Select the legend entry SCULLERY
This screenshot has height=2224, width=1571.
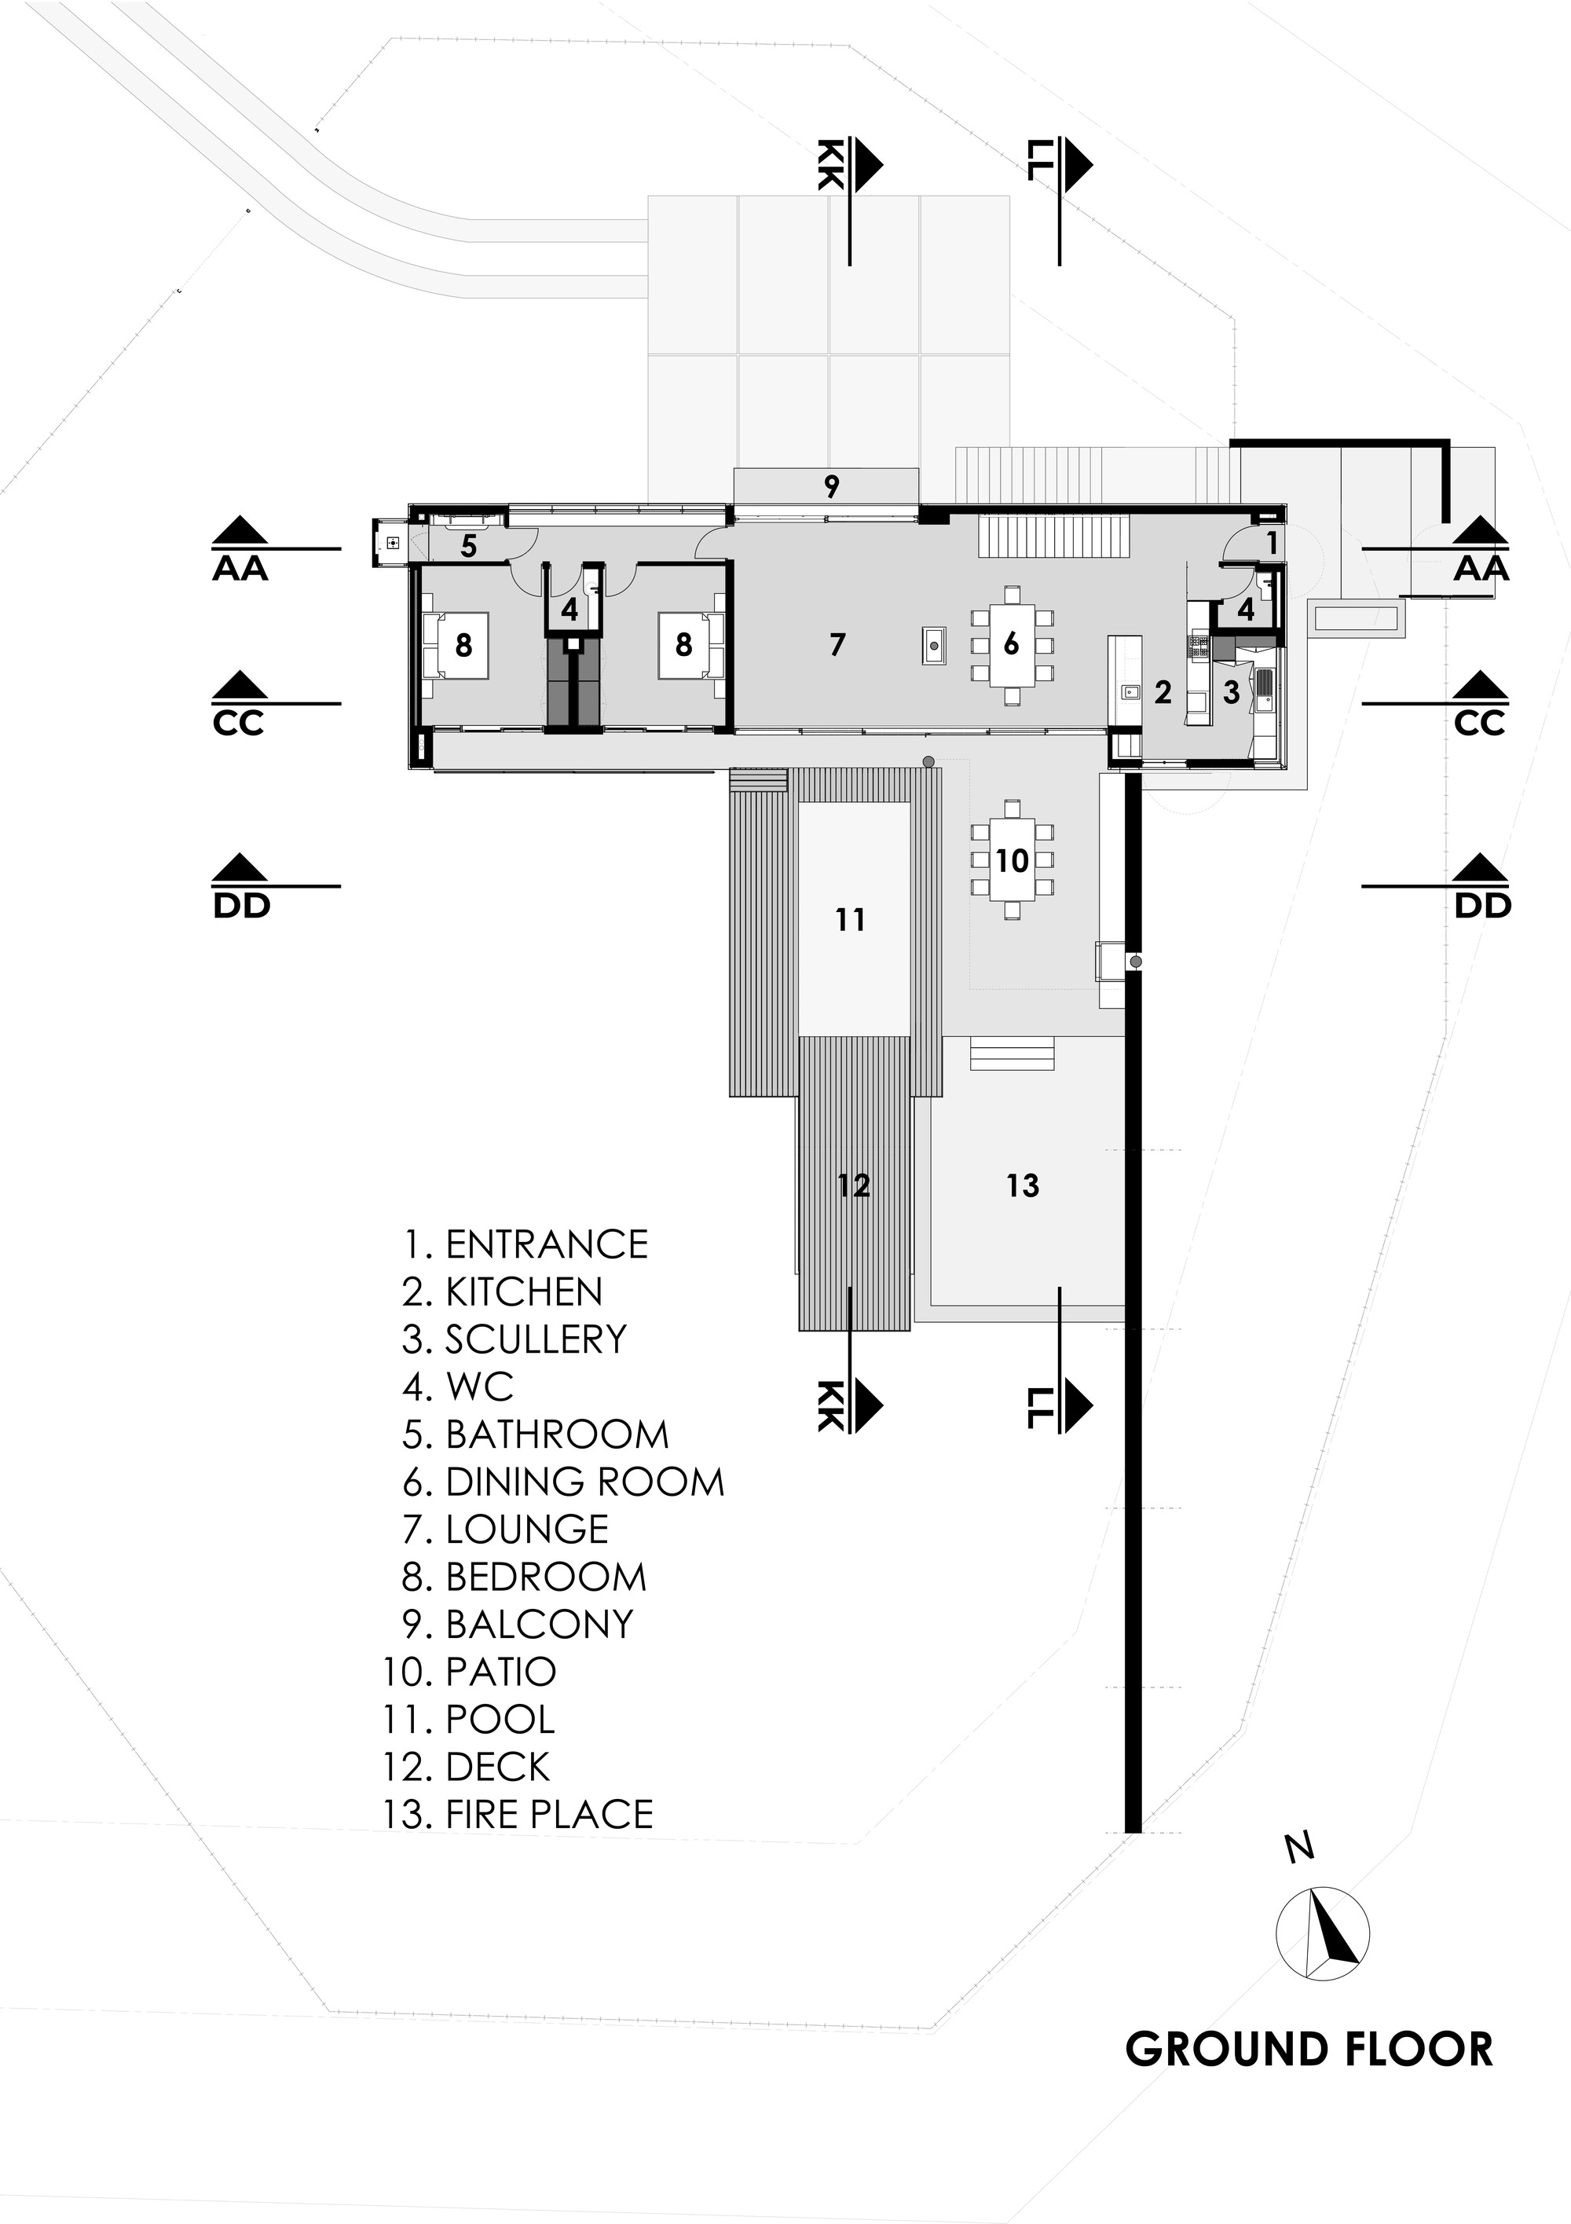click(x=515, y=1339)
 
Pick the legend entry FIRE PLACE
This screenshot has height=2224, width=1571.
click(x=518, y=1813)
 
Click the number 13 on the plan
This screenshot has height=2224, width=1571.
click(x=1023, y=1185)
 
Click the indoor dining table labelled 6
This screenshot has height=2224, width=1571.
click(x=1011, y=644)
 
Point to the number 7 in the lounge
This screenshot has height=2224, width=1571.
click(x=838, y=644)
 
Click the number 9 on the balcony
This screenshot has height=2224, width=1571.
click(x=831, y=486)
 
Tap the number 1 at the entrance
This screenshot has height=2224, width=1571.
click(x=1272, y=544)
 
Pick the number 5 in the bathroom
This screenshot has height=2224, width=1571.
click(x=469, y=546)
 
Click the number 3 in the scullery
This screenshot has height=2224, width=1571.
click(x=1231, y=691)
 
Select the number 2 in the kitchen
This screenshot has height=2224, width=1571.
click(x=1163, y=691)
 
